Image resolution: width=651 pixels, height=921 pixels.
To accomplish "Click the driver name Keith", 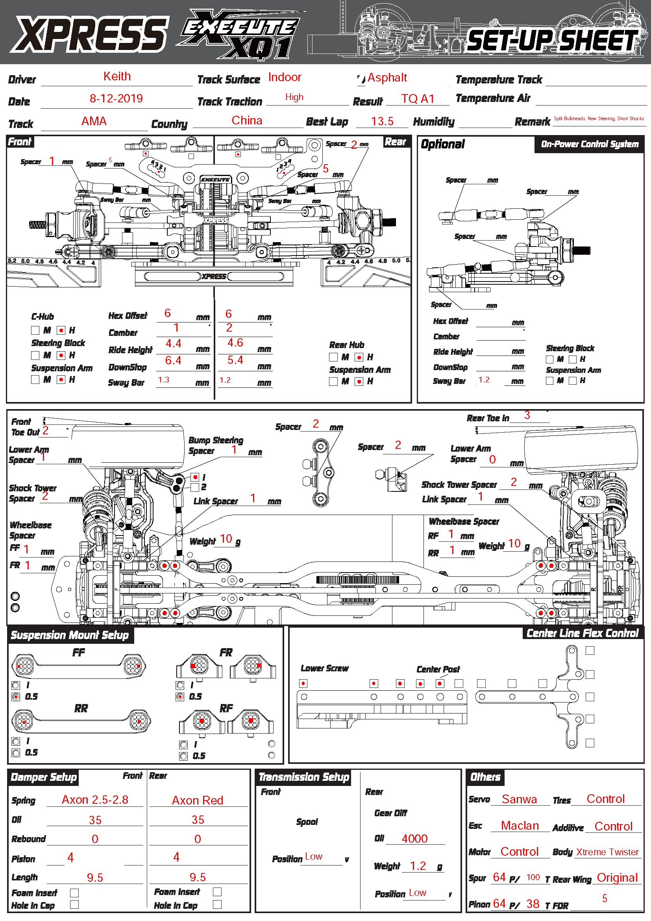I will click(117, 76).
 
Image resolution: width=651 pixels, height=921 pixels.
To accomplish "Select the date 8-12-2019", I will click(116, 99).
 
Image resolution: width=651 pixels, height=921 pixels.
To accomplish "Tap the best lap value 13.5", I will click(382, 122).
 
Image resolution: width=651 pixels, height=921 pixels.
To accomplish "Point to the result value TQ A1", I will click(418, 99).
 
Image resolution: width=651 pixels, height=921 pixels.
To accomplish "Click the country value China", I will click(247, 121).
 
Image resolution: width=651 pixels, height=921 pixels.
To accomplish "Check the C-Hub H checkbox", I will click(61, 330).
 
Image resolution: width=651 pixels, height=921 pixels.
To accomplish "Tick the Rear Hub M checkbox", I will click(333, 357).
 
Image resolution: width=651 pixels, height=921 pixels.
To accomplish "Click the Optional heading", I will click(442, 145).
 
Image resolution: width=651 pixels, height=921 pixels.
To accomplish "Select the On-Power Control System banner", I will click(589, 145).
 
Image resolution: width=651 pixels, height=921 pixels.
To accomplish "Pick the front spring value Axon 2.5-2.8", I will click(95, 800).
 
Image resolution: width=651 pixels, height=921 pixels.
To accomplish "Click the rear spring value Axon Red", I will click(198, 801).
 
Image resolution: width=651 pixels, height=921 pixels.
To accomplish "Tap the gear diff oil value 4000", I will click(414, 839).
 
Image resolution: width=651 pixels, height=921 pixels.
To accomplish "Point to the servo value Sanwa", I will click(519, 799).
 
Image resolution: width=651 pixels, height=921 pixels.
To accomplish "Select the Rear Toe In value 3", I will click(527, 415).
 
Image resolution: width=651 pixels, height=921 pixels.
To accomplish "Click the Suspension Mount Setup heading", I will click(70, 636).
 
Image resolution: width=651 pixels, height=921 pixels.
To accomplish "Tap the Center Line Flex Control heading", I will click(582, 634).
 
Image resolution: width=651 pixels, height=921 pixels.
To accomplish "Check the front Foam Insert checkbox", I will click(74, 893).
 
